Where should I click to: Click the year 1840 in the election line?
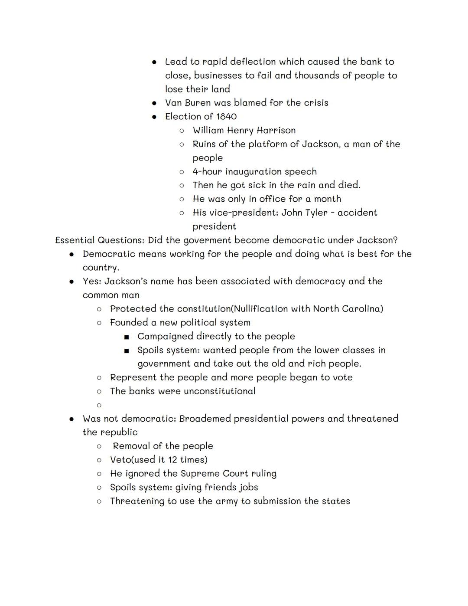pyautogui.click(x=226, y=117)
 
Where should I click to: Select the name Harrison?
pyautogui.click(x=276, y=131)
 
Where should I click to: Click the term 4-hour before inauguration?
pyautogui.click(x=207, y=172)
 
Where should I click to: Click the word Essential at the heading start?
pyautogui.click(x=75, y=240)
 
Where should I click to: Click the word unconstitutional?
pyautogui.click(x=219, y=391)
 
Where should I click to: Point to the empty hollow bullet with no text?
pyautogui.click(x=99, y=405)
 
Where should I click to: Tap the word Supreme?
pyautogui.click(x=200, y=474)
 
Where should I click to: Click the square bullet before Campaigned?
pyautogui.click(x=127, y=337)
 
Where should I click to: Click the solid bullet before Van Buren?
pyautogui.click(x=154, y=103)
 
